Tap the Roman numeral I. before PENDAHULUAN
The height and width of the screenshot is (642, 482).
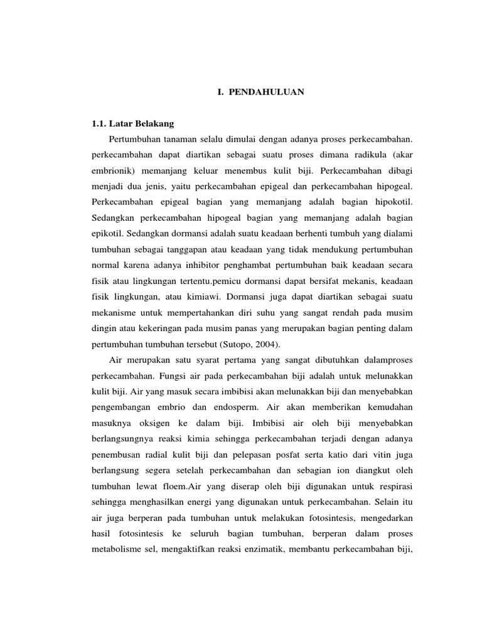coord(219,92)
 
